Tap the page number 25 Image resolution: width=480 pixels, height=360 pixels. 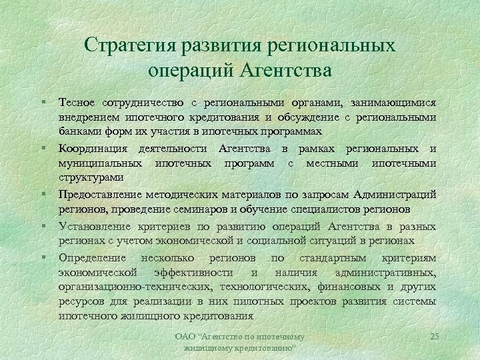[x=435, y=335]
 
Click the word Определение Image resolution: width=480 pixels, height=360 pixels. [x=95, y=257]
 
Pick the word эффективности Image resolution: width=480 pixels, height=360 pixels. [x=193, y=272]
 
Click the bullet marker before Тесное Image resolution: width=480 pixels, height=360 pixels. [x=41, y=102]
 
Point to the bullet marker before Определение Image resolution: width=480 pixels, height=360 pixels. [x=41, y=257]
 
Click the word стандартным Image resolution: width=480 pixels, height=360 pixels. [x=333, y=257]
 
